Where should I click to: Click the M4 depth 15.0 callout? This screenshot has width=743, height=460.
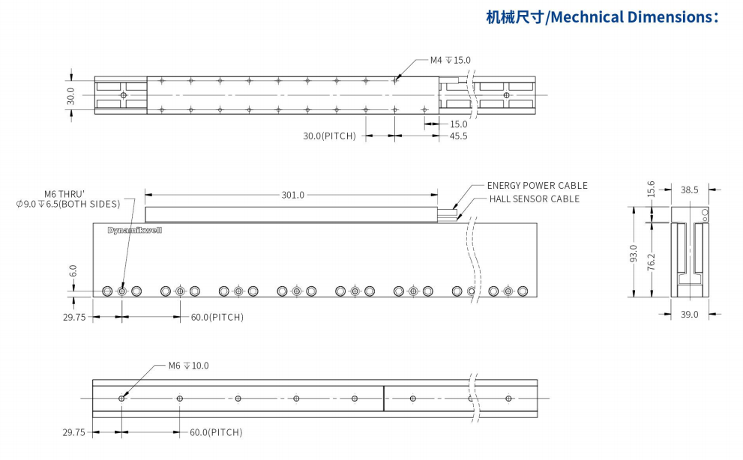point(450,60)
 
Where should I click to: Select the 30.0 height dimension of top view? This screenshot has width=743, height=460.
point(70,95)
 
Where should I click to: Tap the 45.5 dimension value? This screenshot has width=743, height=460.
point(458,136)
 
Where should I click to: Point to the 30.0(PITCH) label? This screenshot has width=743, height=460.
point(329,136)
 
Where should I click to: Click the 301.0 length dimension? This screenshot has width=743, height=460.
point(292,195)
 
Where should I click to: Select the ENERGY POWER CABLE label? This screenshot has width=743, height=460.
point(537,186)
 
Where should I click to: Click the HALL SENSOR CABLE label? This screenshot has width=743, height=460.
point(534,199)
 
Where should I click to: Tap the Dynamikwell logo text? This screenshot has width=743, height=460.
point(135,230)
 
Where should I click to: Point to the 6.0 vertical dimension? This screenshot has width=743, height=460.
point(73,271)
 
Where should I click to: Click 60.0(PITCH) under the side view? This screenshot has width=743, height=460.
point(217,318)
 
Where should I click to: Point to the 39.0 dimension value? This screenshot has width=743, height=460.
point(689,315)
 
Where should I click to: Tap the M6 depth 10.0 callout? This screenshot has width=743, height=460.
point(188,366)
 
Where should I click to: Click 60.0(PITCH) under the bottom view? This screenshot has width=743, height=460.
point(216,432)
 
